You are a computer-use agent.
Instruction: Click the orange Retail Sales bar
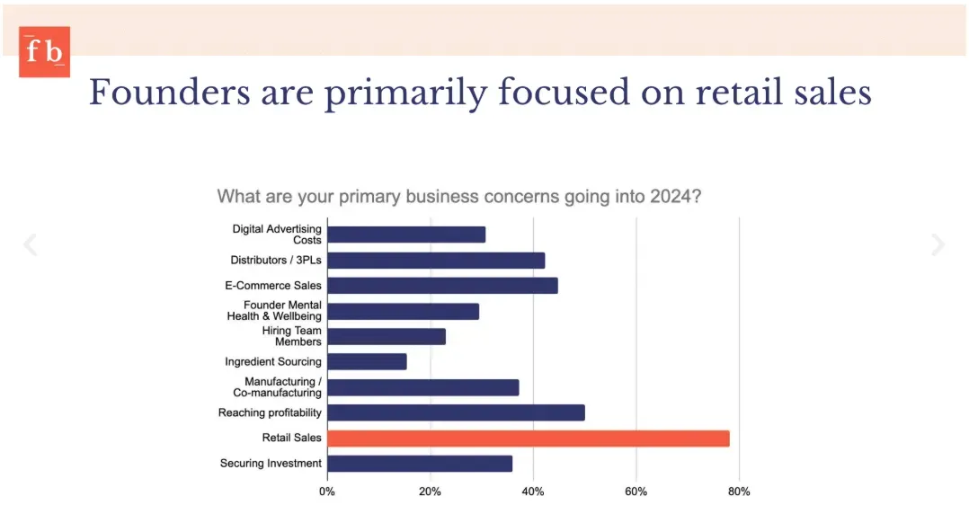point(528,439)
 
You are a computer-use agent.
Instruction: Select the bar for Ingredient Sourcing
point(367,361)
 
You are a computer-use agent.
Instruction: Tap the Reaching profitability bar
point(456,412)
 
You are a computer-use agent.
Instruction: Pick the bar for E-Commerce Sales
point(442,286)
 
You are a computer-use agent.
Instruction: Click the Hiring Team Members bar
point(387,336)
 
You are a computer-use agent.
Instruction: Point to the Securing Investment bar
point(420,464)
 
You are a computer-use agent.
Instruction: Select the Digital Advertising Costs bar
point(406,235)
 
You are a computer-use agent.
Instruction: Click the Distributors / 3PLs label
point(275,261)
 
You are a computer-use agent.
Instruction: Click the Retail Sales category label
point(291,439)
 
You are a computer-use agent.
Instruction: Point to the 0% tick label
point(327,492)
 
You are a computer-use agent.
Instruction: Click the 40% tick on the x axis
point(533,492)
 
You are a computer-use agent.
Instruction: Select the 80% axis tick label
point(739,492)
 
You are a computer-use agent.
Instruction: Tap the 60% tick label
point(636,492)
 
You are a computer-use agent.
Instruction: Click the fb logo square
point(44,52)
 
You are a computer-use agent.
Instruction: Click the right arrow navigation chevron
point(938,244)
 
